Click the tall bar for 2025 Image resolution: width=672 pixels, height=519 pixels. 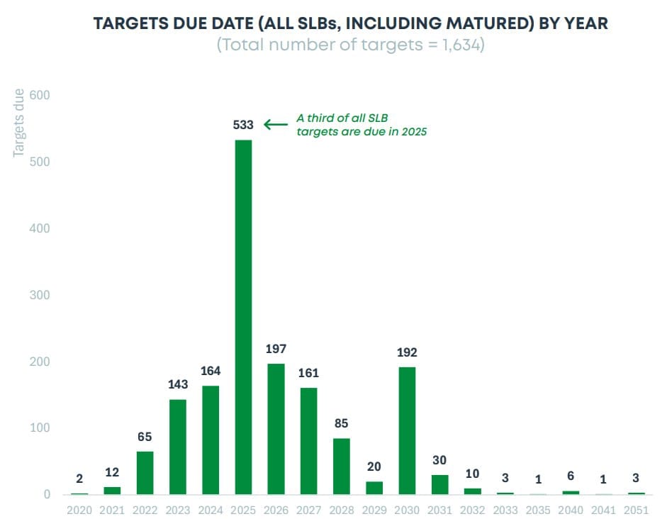[243, 317]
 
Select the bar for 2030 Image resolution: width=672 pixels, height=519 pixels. [407, 430]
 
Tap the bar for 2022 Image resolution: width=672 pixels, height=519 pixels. [145, 472]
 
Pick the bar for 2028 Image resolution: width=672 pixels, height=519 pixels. [342, 466]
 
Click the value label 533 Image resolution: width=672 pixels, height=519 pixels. [243, 125]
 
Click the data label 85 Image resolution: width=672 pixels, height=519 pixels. [342, 423]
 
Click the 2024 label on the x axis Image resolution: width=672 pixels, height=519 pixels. [211, 509]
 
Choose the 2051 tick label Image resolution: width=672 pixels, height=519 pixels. [637, 509]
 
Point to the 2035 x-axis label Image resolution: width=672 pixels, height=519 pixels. [537, 509]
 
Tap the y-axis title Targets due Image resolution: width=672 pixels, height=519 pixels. [19, 123]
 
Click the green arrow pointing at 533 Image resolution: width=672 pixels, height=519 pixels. [276, 125]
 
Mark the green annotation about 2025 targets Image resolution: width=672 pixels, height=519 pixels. [362, 125]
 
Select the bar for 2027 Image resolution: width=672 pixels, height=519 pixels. [309, 441]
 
